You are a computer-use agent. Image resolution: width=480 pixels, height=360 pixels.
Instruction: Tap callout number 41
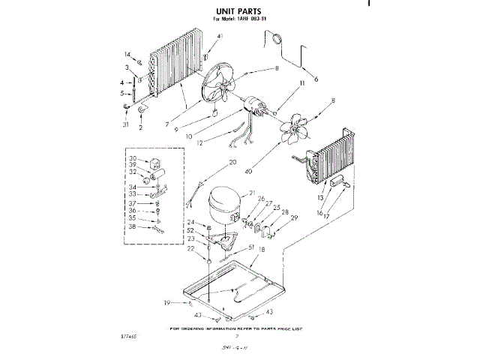point(220,37)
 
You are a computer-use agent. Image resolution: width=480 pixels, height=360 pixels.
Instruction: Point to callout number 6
point(316,78)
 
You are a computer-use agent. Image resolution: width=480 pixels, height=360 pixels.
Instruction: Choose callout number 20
point(232,162)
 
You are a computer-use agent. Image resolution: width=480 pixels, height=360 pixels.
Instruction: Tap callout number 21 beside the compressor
point(253,193)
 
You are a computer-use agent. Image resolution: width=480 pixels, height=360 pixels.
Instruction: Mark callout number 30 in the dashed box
point(133,158)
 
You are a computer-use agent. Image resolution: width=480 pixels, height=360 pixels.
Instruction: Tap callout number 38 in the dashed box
point(133,226)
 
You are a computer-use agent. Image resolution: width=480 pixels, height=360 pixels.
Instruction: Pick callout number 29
point(294,217)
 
